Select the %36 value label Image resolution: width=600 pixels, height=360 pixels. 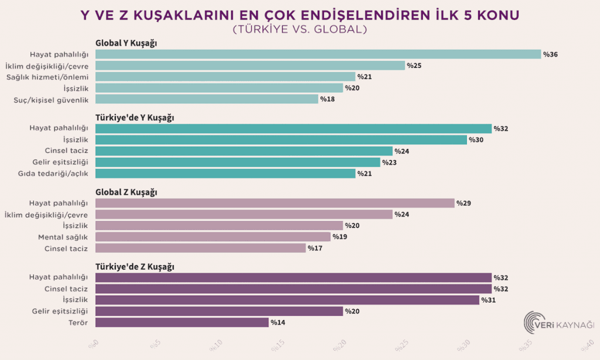coord(550,55)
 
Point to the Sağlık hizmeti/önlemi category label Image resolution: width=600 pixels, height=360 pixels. coord(47,77)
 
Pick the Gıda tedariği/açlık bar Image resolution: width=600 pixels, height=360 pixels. coord(225,174)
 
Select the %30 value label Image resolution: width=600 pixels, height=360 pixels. coord(476,140)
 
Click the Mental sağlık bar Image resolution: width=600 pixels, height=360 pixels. coord(213,237)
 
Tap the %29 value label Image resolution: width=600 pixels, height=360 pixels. coord(463,203)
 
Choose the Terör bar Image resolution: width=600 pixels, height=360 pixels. coord(182,322)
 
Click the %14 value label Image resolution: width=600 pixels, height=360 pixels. coord(278,322)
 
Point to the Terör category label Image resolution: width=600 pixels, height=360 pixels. coord(77,322)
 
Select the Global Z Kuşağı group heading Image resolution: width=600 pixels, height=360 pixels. coord(126,192)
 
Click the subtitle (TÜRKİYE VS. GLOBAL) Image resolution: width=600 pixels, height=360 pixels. coord(300,28)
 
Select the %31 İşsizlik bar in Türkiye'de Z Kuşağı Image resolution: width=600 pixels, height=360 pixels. coord(287,300)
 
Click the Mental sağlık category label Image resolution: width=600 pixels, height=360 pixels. coord(63,237)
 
